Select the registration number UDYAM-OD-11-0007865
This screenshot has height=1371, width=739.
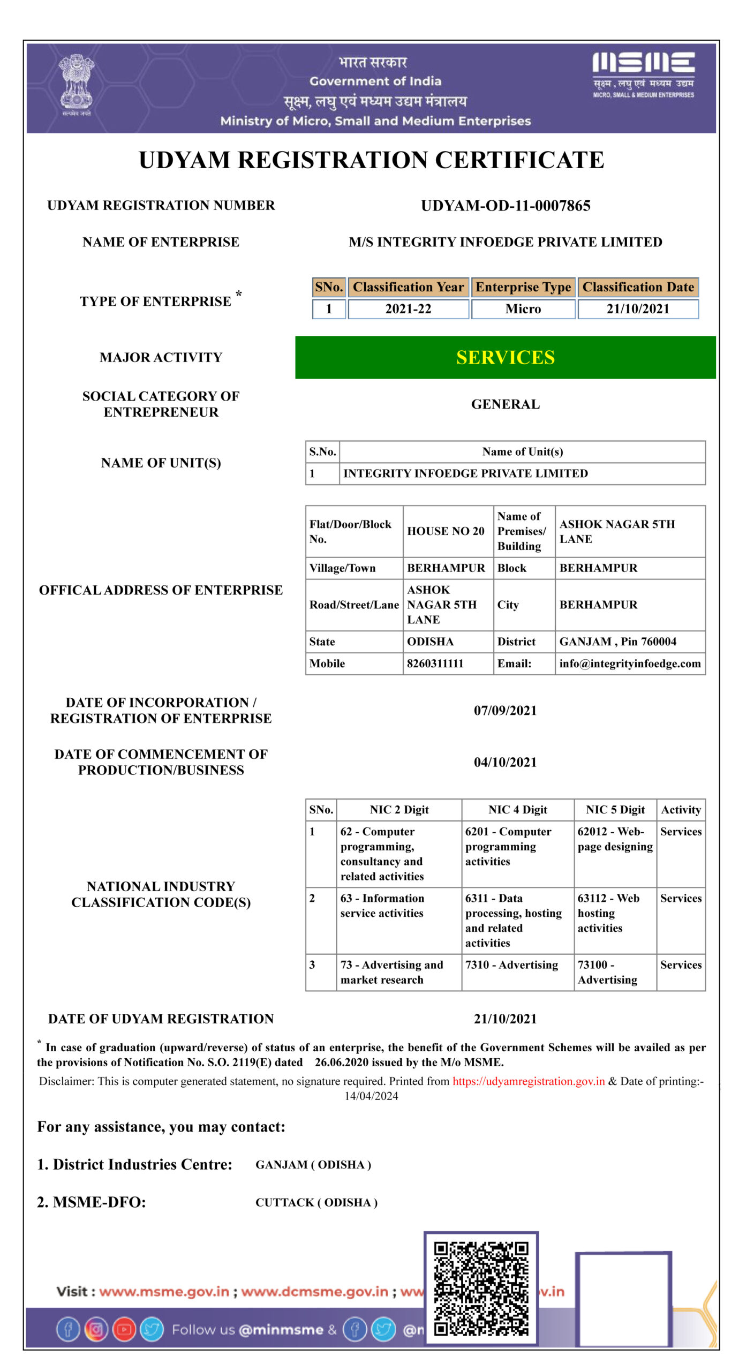pyautogui.click(x=505, y=206)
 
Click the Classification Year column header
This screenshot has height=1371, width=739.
pyautogui.click(x=408, y=287)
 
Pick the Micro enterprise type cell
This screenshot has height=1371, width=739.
pyautogui.click(x=523, y=309)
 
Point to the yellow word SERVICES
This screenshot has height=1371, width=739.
pyautogui.click(x=505, y=357)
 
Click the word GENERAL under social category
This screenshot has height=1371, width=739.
pyautogui.click(x=505, y=404)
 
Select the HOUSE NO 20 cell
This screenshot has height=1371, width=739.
pyautogui.click(x=446, y=531)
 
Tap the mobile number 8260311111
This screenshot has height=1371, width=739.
pyautogui.click(x=435, y=664)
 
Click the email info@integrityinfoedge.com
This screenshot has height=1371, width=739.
pyautogui.click(x=630, y=664)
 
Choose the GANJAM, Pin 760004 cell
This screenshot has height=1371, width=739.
pyautogui.click(x=617, y=642)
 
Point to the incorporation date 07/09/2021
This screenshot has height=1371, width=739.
pyautogui.click(x=505, y=711)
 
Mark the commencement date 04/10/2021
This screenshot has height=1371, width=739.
pyautogui.click(x=505, y=762)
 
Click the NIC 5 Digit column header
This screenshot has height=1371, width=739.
pyautogui.click(x=615, y=810)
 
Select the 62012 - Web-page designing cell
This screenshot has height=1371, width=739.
pyautogui.click(x=615, y=839)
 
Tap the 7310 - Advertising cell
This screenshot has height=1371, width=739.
pyautogui.click(x=511, y=965)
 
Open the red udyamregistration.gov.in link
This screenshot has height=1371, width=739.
pyautogui.click(x=528, y=1081)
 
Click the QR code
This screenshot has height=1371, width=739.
pyautogui.click(x=480, y=1288)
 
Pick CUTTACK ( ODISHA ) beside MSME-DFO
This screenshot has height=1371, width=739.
pyautogui.click(x=316, y=1203)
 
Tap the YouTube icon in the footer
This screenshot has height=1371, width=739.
pyautogui.click(x=124, y=1330)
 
